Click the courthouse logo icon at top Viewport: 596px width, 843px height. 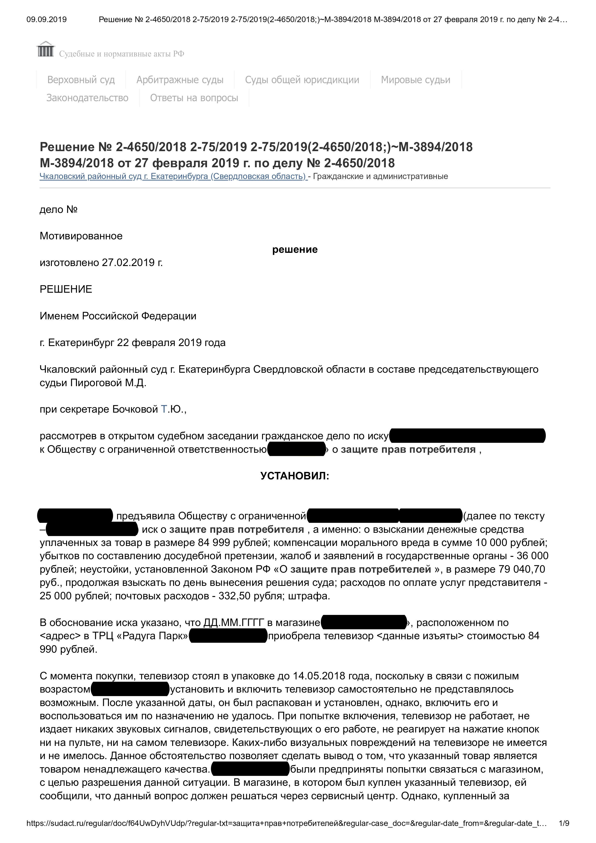pos(46,49)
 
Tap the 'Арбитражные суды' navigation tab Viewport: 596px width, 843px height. pos(180,80)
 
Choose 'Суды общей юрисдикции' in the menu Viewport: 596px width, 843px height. pos(302,80)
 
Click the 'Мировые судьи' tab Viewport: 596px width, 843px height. pos(415,80)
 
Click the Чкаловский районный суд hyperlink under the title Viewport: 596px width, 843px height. pos(173,176)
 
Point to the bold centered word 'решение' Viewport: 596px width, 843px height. pos(295,250)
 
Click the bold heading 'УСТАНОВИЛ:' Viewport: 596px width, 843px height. pos(295,476)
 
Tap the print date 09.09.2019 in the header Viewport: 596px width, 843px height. pos(47,19)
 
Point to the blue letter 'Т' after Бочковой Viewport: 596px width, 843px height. pos(164,409)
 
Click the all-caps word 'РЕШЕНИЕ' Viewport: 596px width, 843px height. pos(66,289)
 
